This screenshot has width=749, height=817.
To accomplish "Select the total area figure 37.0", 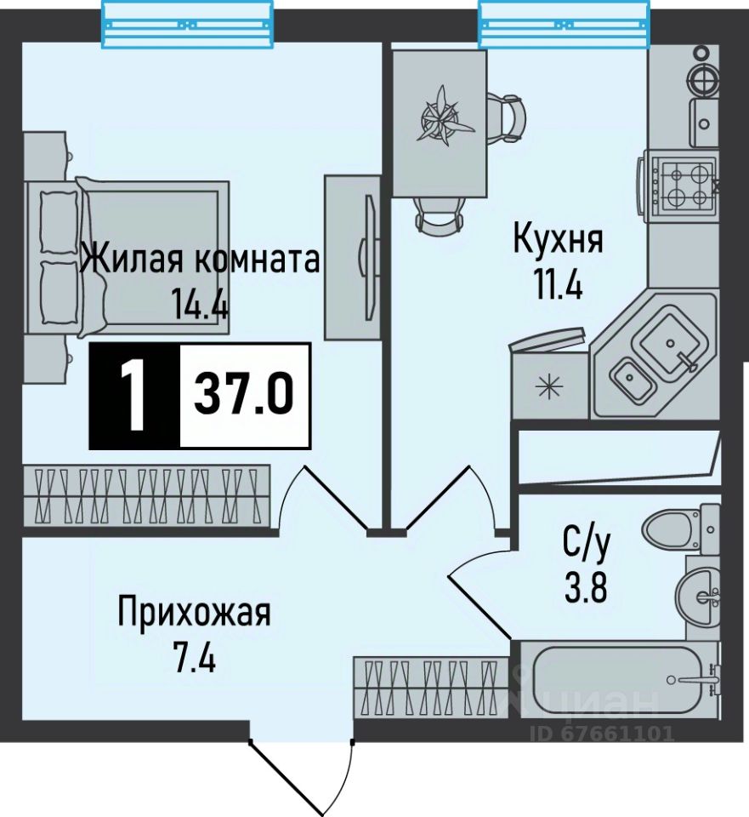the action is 244,394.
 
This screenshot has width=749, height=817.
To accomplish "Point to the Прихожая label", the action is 194,612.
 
